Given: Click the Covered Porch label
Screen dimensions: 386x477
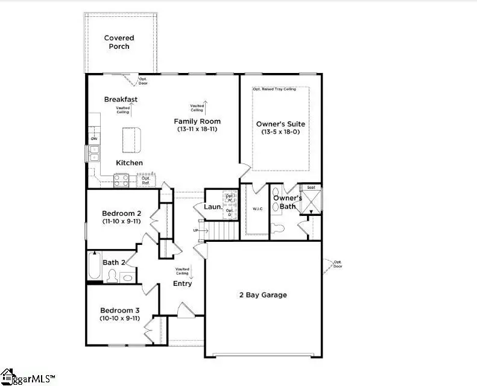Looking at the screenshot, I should click(x=119, y=42).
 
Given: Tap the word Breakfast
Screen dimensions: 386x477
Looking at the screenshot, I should click(x=121, y=100).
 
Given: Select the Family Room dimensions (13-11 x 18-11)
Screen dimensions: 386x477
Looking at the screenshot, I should click(x=197, y=129).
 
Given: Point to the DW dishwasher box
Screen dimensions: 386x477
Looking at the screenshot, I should click(x=94, y=139).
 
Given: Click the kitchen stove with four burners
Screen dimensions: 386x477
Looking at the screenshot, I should click(x=121, y=179).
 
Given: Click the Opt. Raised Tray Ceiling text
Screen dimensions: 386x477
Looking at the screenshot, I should click(x=279, y=89).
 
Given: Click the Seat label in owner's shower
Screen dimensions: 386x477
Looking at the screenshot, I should click(x=311, y=188).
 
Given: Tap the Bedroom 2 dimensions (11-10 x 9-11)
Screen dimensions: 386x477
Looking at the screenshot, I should click(x=121, y=221).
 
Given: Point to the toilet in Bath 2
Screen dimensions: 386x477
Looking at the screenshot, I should click(x=112, y=276).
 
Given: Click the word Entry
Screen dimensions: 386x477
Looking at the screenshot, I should click(x=183, y=283).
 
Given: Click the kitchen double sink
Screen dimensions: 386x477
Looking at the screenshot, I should click(x=94, y=157).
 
